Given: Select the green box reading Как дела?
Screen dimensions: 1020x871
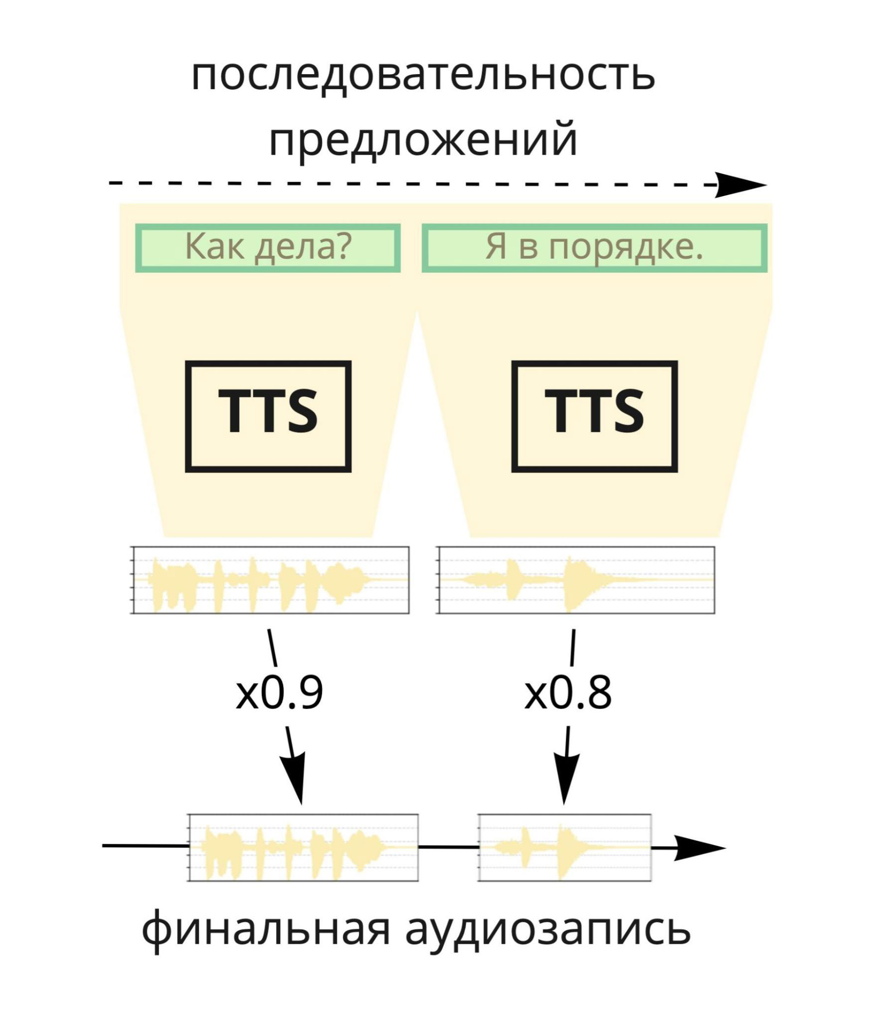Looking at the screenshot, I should [x=268, y=248].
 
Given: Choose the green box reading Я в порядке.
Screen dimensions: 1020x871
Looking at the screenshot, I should [x=594, y=248].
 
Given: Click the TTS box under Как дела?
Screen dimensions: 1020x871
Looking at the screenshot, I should [x=268, y=416].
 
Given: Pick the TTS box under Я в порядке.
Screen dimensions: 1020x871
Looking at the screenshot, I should [x=594, y=416].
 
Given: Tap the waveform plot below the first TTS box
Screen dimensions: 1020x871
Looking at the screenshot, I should [x=270, y=580].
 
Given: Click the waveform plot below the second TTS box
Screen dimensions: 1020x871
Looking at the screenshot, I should [x=576, y=580].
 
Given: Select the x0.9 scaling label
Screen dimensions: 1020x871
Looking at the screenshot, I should [x=279, y=693].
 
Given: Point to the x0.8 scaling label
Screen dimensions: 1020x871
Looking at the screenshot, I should [x=567, y=693].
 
